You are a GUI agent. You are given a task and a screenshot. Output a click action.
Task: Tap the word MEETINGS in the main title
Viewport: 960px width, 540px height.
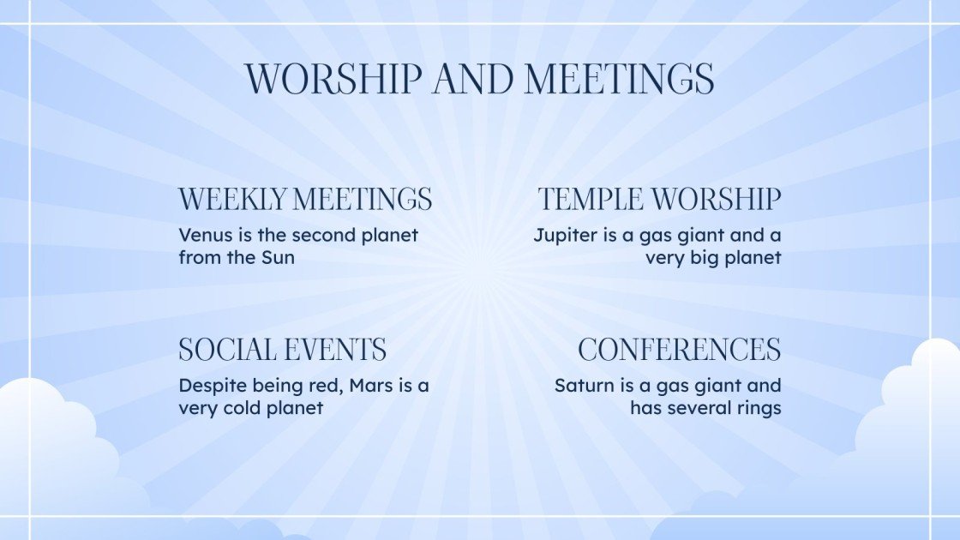pyautogui.click(x=619, y=79)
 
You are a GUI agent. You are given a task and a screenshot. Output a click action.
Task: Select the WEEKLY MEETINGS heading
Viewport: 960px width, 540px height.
pyautogui.click(x=305, y=200)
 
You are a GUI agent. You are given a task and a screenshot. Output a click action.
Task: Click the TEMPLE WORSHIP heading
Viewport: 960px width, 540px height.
pyautogui.click(x=659, y=200)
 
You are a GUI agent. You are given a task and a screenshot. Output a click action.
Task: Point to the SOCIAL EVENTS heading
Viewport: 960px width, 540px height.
pyautogui.click(x=282, y=350)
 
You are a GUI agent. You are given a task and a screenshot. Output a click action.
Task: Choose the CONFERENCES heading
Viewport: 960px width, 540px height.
pyautogui.click(x=679, y=350)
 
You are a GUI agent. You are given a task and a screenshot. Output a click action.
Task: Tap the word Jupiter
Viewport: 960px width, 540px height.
pyautogui.click(x=565, y=235)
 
